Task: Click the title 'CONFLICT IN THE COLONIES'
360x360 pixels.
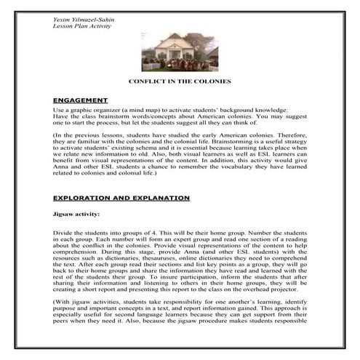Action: coord(179,81)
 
